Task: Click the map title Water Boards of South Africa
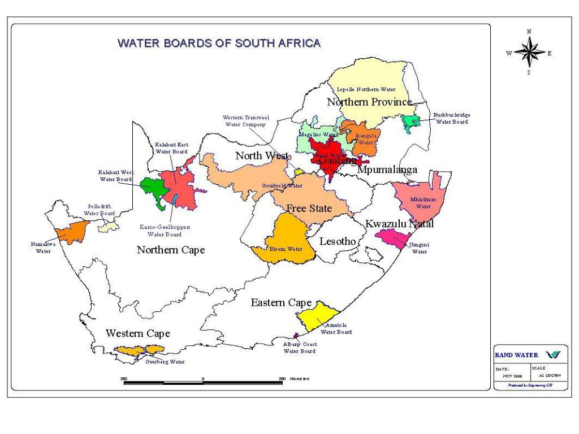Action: [x=219, y=43]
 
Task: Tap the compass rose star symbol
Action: [x=529, y=53]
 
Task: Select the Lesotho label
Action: [x=338, y=242]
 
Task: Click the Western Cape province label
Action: [x=137, y=333]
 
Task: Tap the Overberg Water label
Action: [x=165, y=362]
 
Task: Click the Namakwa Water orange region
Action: [x=72, y=231]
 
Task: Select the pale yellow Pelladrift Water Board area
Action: [x=109, y=227]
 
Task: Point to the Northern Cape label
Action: [x=171, y=250]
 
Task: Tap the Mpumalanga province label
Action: [x=387, y=170]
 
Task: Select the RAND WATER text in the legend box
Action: [x=516, y=355]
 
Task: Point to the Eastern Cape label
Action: [x=281, y=303]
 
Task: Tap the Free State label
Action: [x=309, y=209]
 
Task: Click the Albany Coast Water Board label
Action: [x=299, y=348]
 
